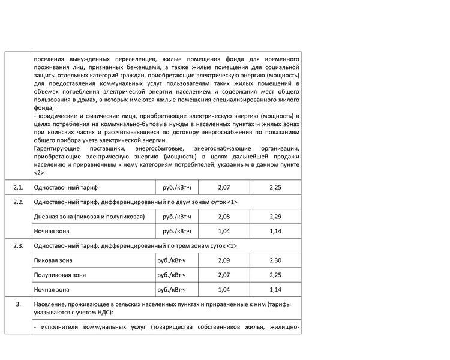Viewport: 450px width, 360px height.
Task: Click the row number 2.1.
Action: click(19, 188)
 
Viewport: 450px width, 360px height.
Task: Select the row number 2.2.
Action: click(19, 202)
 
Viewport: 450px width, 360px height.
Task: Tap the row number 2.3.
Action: click(19, 246)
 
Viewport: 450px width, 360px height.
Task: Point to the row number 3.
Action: click(19, 304)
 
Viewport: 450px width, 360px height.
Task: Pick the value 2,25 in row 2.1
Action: click(275, 188)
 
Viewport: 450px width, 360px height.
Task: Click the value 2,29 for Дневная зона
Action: click(275, 217)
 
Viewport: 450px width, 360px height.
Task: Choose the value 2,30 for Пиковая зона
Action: click(275, 260)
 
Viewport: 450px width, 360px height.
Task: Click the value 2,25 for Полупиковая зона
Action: click(275, 275)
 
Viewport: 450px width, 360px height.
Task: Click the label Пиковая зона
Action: click(54, 260)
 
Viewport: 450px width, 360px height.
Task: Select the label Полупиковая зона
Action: click(60, 275)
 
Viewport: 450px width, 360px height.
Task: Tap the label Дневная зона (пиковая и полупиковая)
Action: click(89, 217)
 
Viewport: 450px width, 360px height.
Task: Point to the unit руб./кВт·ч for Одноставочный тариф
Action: click(176, 188)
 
